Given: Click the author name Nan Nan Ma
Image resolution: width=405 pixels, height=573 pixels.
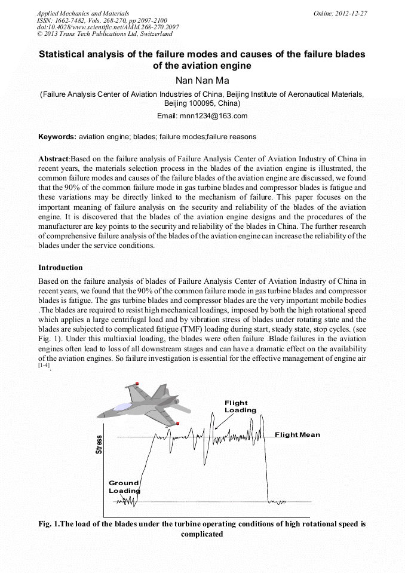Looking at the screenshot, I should point(202,81).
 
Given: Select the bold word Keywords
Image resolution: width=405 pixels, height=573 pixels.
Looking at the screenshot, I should point(57,137).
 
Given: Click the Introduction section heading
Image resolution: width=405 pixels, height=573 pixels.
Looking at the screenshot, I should point(60,267).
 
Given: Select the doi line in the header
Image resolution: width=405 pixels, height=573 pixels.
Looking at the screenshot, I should point(108,27).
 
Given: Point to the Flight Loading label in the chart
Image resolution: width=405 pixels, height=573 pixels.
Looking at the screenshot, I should point(240,407).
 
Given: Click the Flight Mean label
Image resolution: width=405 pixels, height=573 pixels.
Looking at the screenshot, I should point(297,434).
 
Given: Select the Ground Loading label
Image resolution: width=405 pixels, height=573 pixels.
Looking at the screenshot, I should point(124,486).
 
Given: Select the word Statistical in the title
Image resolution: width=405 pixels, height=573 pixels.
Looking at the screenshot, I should point(64,54).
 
